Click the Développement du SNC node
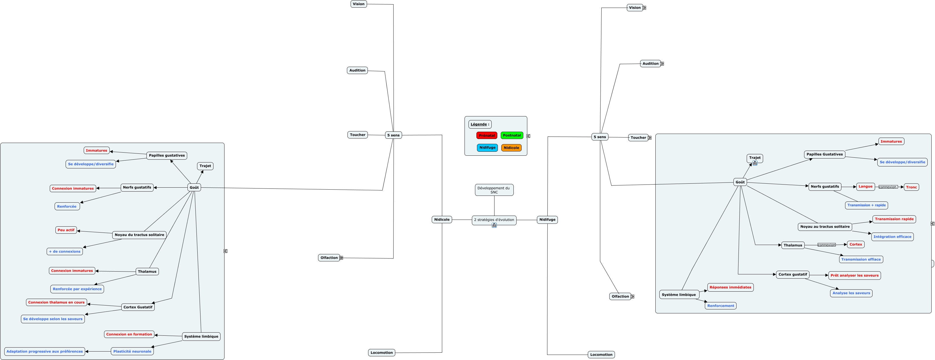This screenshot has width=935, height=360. point(494,190)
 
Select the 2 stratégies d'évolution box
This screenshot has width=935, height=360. point(494,220)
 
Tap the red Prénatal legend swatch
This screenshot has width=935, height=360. point(487,135)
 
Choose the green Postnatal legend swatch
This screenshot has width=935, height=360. point(512,135)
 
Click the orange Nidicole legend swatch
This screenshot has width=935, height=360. point(511,148)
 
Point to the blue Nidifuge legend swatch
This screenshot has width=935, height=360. point(487,148)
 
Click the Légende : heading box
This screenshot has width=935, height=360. point(480,124)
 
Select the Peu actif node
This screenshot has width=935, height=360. point(66,230)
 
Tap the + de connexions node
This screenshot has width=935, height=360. point(65,251)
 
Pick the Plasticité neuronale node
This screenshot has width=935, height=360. point(132,351)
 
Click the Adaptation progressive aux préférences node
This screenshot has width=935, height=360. point(45,351)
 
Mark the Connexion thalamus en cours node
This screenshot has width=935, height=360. point(56,302)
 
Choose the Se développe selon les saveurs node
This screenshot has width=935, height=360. point(53,319)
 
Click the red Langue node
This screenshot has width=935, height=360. point(865,186)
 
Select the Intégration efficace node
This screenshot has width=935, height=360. point(892,237)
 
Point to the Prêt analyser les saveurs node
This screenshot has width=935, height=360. point(854,276)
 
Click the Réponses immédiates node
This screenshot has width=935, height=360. point(730,287)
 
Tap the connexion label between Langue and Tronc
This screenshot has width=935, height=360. point(888,187)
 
